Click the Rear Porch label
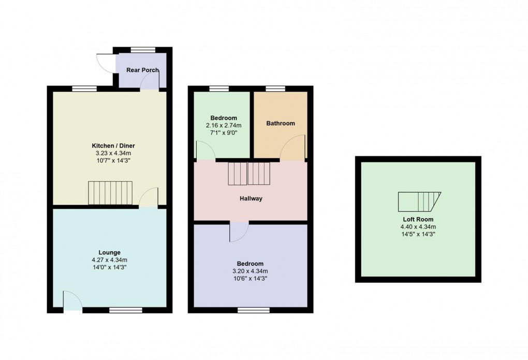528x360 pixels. pos(142,70)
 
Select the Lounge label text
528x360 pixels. pos(110,253)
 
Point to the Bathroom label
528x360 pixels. pos(281,123)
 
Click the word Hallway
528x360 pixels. pos(251,198)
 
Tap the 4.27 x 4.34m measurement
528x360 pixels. pos(110,260)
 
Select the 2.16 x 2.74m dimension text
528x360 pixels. pos(224,125)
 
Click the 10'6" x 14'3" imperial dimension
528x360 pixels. pos(250,278)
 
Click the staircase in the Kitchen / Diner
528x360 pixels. pos(110,193)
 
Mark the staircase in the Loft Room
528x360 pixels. pos(418,201)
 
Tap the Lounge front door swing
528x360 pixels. pos(72,300)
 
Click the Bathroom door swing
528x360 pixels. pos(294,148)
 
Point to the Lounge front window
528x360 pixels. pos(125,310)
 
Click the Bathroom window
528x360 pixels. pos(275,89)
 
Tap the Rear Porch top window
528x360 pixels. pos(143,50)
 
